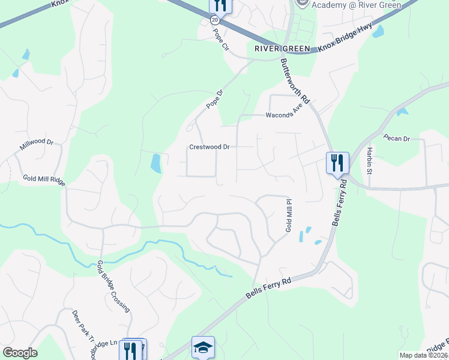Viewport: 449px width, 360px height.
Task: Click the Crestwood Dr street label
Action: [209, 146]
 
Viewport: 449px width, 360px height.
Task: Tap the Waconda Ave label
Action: [280, 115]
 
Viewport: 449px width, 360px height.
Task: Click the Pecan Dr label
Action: [397, 139]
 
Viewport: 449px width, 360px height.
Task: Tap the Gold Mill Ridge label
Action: [44, 179]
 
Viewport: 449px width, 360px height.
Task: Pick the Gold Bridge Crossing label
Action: [113, 286]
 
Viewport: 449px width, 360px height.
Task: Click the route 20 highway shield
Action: [215, 20]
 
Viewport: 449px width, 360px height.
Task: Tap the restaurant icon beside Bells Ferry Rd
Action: [337, 162]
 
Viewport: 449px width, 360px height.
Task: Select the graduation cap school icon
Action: [203, 347]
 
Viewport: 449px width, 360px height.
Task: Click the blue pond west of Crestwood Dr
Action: [155, 163]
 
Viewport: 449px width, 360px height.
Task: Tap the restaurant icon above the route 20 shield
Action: [220, 5]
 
